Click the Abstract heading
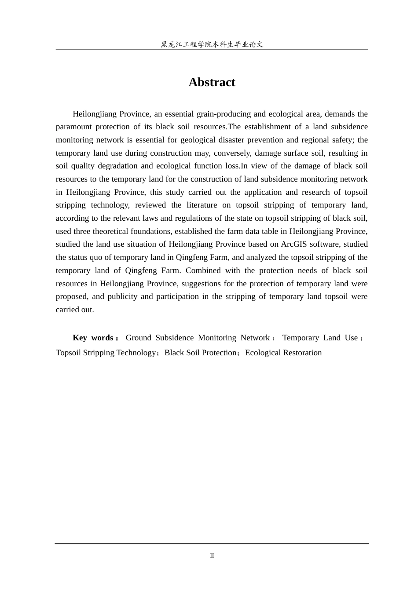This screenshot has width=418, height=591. pos(212,82)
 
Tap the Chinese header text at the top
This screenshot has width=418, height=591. pos(212,44)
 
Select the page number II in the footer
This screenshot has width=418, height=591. pos(212,556)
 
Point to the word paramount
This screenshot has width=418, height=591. pos(74,127)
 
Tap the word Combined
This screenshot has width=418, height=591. pos(203,270)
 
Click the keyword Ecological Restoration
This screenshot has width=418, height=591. pos(283,353)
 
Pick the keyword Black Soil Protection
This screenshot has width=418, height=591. pos(200,353)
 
